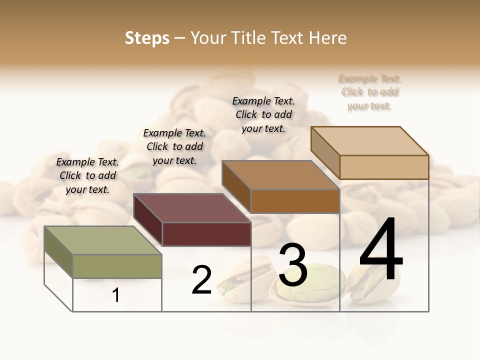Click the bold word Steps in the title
point(147,38)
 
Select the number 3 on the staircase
point(292,265)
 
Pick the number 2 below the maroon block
point(201,280)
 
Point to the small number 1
point(115,295)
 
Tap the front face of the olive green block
point(117,266)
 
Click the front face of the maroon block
point(206,234)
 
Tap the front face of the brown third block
point(295,201)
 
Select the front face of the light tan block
point(384,167)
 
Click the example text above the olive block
point(87,175)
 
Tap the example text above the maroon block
point(174,146)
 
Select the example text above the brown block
point(263,114)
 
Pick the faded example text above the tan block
point(369,92)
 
